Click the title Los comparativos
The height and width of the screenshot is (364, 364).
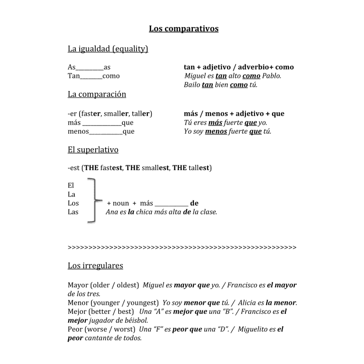tap(183, 28)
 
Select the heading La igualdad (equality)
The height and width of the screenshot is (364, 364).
tap(108, 48)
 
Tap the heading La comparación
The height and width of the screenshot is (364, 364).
tap(97, 94)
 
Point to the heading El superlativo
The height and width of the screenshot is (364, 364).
tap(93, 150)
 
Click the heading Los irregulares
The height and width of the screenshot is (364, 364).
tap(95, 265)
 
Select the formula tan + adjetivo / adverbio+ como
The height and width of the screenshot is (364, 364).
tap(238, 67)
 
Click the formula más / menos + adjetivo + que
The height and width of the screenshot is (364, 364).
tap(234, 114)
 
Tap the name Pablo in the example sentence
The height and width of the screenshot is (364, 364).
tap(271, 76)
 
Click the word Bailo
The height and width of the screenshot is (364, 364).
tap(192, 85)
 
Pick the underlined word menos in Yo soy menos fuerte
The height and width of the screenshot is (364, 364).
tap(216, 132)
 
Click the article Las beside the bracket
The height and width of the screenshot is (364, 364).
tap(73, 212)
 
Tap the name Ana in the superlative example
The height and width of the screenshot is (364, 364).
tap(112, 212)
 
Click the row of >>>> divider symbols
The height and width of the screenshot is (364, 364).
tap(182, 247)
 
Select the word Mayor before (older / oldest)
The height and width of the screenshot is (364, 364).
tap(78, 285)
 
